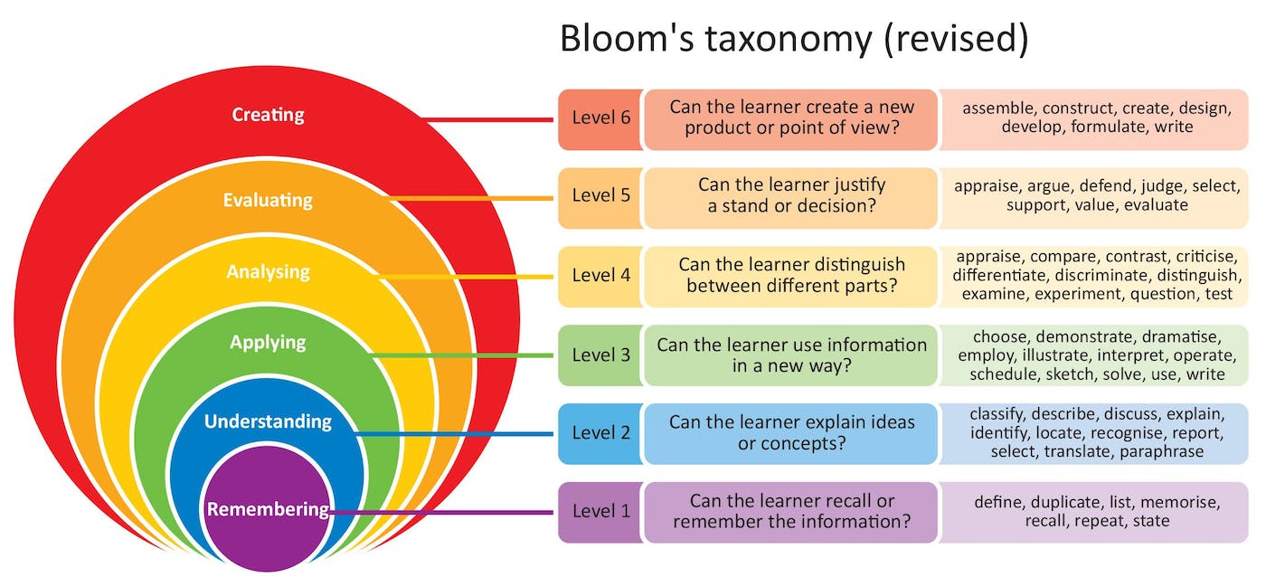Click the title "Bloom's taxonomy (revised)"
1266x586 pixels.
click(793, 40)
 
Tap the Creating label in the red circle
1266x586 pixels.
click(268, 115)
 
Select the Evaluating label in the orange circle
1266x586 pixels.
click(268, 200)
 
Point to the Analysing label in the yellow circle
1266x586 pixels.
click(268, 271)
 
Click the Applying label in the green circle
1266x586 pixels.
click(268, 343)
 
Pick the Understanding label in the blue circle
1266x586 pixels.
click(268, 421)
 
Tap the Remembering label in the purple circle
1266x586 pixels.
click(268, 509)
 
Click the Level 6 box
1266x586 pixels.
click(600, 118)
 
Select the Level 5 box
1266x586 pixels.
click(600, 196)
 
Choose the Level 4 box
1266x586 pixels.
click(600, 276)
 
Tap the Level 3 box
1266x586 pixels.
click(600, 354)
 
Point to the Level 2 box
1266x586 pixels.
click(600, 433)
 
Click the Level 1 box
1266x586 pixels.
click(600, 512)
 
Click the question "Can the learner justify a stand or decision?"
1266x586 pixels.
click(791, 196)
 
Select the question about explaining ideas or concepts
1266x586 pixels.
click(791, 433)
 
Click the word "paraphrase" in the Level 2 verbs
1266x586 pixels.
click(1161, 451)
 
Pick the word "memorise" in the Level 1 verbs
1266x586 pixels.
click(1183, 502)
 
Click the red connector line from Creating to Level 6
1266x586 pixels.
click(488, 119)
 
